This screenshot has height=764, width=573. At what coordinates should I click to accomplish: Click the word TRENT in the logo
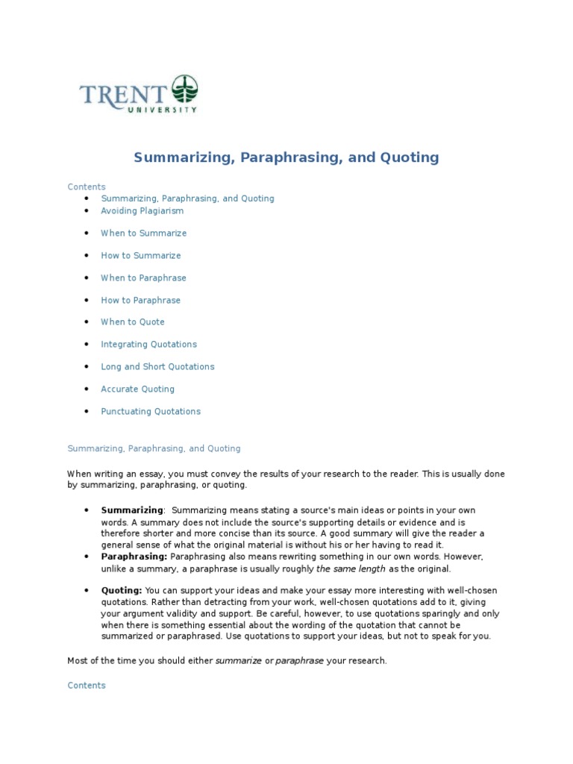(125, 95)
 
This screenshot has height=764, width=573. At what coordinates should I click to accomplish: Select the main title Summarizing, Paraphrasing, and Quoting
(286, 157)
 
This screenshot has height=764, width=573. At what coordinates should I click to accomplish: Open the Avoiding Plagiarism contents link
(142, 210)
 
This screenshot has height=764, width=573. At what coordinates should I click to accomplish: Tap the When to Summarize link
(143, 233)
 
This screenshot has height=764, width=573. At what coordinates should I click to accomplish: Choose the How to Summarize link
(140, 255)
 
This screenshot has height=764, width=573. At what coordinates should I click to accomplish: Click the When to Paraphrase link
(143, 278)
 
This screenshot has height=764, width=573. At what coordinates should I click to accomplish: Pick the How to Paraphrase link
(140, 300)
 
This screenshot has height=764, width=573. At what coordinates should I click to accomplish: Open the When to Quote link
(133, 322)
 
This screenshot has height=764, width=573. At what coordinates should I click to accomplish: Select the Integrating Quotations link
(148, 344)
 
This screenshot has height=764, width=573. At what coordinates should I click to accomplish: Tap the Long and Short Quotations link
(157, 366)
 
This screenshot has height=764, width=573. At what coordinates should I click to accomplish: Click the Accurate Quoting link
(137, 389)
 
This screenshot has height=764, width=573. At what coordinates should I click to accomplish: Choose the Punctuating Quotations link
(151, 411)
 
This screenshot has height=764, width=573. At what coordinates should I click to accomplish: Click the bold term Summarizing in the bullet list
(132, 510)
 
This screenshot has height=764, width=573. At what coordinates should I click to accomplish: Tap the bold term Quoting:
(121, 590)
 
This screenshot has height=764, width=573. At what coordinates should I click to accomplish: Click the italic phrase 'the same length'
(351, 569)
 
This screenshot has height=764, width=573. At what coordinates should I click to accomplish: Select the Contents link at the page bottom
(87, 685)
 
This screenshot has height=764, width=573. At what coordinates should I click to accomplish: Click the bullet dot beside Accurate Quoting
(87, 389)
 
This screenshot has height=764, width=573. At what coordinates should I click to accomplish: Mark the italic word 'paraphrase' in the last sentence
(299, 661)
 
